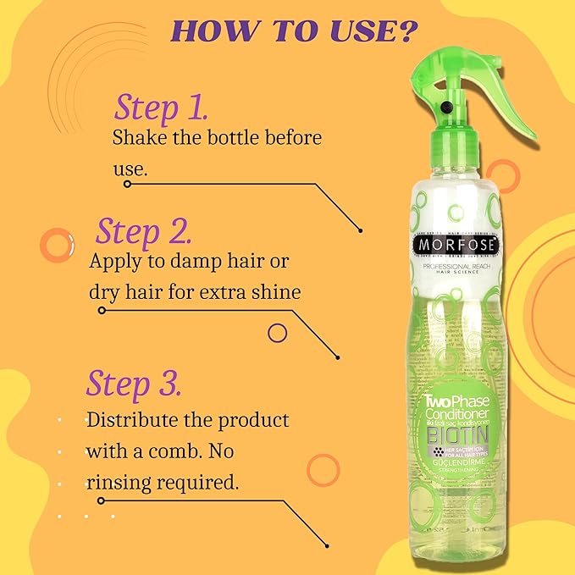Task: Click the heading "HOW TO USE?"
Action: (294, 31)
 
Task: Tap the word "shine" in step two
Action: (274, 292)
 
